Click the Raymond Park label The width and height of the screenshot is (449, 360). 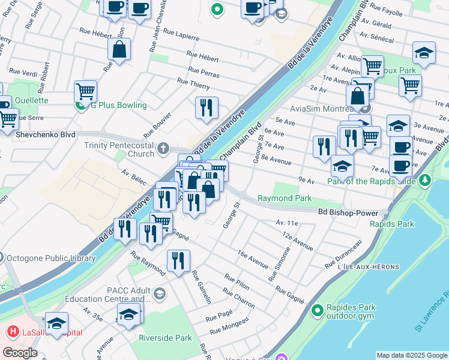(x=284, y=198)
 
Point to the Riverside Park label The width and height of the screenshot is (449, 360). (x=165, y=338)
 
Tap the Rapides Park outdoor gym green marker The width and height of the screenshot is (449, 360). (x=318, y=310)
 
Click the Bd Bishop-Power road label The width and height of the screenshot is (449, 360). (x=348, y=212)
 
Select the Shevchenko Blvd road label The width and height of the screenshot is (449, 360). (x=38, y=134)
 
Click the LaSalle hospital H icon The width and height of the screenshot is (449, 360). (x=11, y=331)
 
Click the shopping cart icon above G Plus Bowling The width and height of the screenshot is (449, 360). (x=86, y=91)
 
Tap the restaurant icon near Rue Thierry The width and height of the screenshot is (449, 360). (x=206, y=108)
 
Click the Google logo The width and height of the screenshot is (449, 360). (x=20, y=353)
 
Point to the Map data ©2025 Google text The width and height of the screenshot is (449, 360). (x=412, y=355)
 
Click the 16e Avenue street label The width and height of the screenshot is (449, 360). (x=253, y=259)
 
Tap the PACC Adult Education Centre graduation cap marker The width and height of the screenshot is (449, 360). (x=159, y=294)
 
